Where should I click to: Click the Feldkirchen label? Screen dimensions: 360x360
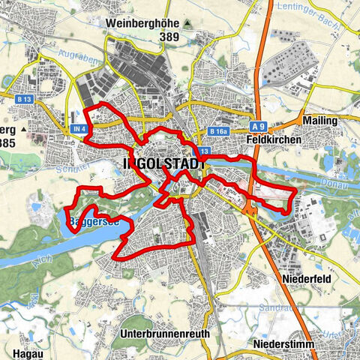point(273,139)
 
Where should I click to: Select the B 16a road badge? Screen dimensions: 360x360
point(219,132)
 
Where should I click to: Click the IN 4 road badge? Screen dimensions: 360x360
point(80,129)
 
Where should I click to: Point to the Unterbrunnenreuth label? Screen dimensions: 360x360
point(164,332)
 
